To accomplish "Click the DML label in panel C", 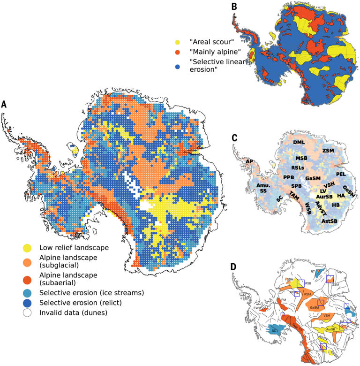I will [x=299, y=142].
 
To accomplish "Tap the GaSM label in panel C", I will [x=313, y=179].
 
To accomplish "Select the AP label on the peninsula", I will [x=249, y=161].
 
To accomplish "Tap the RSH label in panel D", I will [x=307, y=294].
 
